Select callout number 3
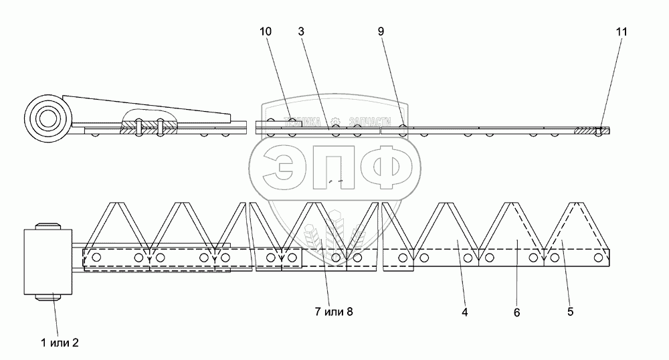click(302, 31)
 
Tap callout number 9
click(381, 31)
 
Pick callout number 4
click(464, 312)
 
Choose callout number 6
click(517, 312)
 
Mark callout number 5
click(570, 312)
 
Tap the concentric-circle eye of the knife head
click(47, 120)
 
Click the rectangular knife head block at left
click(47, 262)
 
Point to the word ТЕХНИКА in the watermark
click(300, 122)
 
